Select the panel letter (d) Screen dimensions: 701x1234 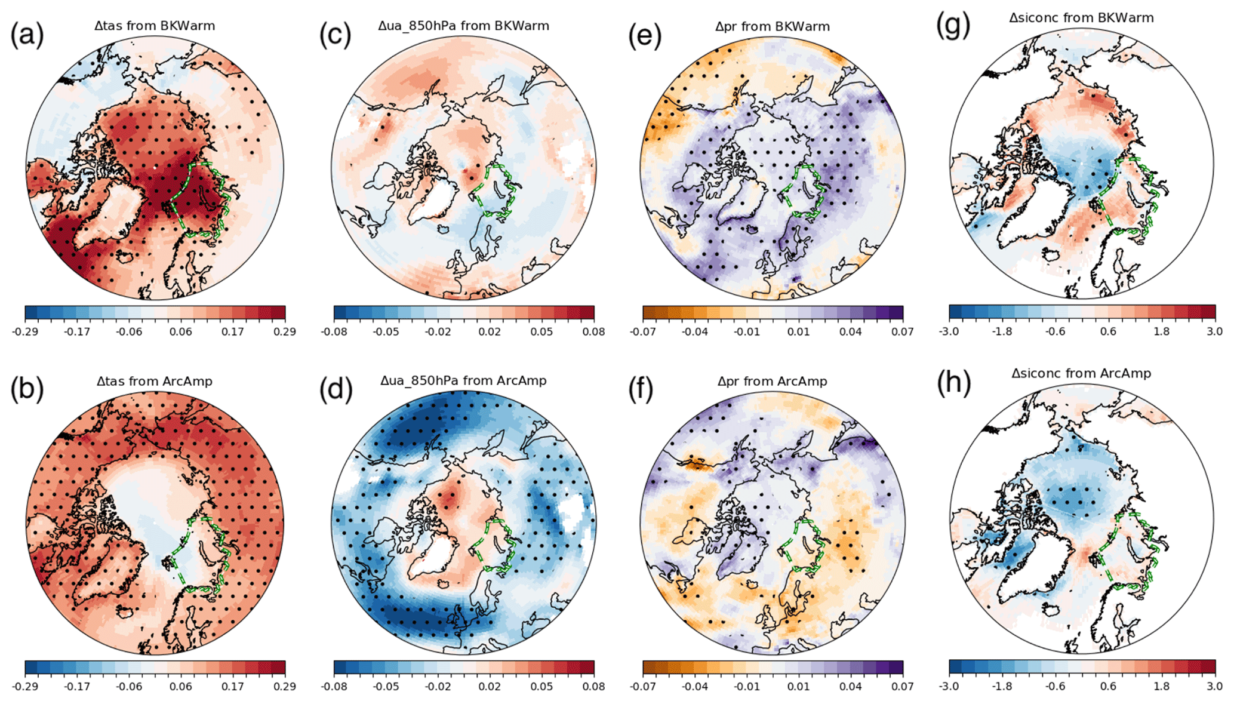[x=336, y=389]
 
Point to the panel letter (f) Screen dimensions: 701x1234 [x=645, y=389]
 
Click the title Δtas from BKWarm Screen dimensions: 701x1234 [x=155, y=26]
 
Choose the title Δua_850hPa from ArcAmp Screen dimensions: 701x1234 [x=463, y=380]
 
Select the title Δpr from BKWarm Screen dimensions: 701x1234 [x=773, y=27]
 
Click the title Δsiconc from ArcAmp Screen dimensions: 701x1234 [x=1081, y=374]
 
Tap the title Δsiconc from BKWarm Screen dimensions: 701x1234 [x=1081, y=18]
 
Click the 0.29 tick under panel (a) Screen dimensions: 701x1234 [x=285, y=332]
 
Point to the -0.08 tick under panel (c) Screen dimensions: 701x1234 [x=334, y=332]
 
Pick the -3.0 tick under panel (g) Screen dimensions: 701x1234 [x=949, y=332]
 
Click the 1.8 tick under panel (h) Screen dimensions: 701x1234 [x=1162, y=687]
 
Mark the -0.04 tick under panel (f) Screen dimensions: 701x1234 [x=695, y=687]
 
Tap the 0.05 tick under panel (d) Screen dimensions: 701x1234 [x=542, y=687]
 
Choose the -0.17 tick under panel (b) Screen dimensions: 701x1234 [x=77, y=687]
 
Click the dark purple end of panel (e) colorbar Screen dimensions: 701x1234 [x=897, y=313]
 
